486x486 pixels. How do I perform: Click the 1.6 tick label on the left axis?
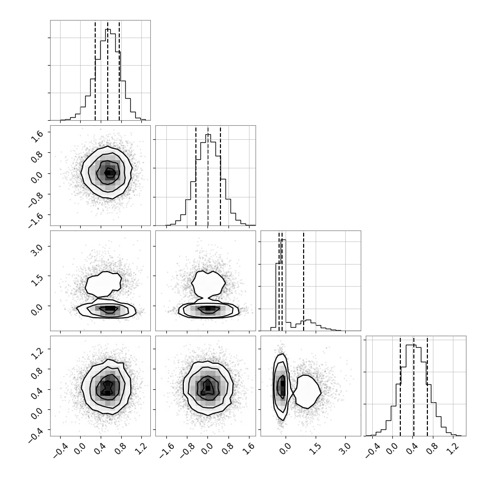coord(36,136)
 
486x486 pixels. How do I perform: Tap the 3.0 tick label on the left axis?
coord(36,250)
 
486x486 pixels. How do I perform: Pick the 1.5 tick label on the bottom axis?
coord(315,448)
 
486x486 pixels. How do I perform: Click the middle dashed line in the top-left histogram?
coord(108,70)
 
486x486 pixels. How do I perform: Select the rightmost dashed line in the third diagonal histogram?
coord(304,281)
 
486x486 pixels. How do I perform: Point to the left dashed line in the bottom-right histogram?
coord(400,386)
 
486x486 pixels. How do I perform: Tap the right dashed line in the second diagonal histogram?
coord(220,176)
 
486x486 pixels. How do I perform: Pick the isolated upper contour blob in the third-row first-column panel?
coord(103,284)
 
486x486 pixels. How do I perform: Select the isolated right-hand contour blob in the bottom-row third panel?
coord(307,392)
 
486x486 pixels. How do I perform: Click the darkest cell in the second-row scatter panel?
coord(108,173)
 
